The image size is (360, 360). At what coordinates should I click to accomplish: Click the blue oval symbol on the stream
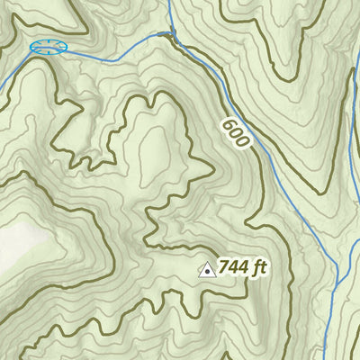49,47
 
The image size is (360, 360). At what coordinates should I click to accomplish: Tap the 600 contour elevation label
233,133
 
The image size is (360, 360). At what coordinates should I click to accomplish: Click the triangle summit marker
207,269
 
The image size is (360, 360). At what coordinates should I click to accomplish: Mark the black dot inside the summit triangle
207,270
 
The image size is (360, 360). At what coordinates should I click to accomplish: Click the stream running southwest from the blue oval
13,72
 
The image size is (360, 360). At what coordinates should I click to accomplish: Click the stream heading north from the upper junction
169,13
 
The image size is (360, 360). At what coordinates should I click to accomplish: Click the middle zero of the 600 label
233,133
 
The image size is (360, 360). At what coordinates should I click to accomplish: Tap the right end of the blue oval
67,47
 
